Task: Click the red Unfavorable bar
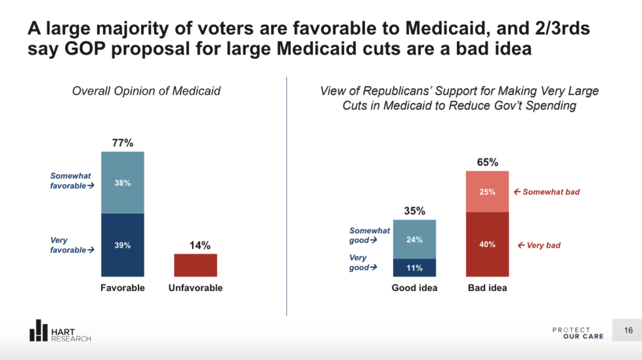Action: tap(196, 265)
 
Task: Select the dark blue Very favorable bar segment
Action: tap(123, 245)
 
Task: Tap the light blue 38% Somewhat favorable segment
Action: tap(123, 183)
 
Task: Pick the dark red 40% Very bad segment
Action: tap(487, 245)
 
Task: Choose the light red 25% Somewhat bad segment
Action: tap(487, 191)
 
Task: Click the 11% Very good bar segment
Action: tap(414, 268)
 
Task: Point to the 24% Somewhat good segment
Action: tap(414, 239)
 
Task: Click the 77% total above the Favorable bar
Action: tap(123, 143)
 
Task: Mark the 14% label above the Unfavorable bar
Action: tap(196, 245)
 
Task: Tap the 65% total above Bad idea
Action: tap(487, 162)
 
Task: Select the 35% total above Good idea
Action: tap(414, 211)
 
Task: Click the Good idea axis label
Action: tap(414, 289)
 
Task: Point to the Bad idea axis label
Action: tap(487, 289)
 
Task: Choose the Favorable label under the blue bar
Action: tap(123, 289)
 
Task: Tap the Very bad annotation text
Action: tap(540, 245)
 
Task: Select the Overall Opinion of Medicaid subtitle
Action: tap(146, 91)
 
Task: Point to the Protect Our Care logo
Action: tap(578, 332)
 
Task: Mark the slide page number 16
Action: tap(628, 331)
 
